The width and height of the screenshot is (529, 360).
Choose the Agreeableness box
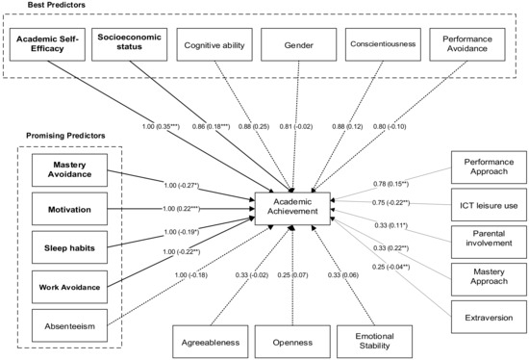[212, 340]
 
